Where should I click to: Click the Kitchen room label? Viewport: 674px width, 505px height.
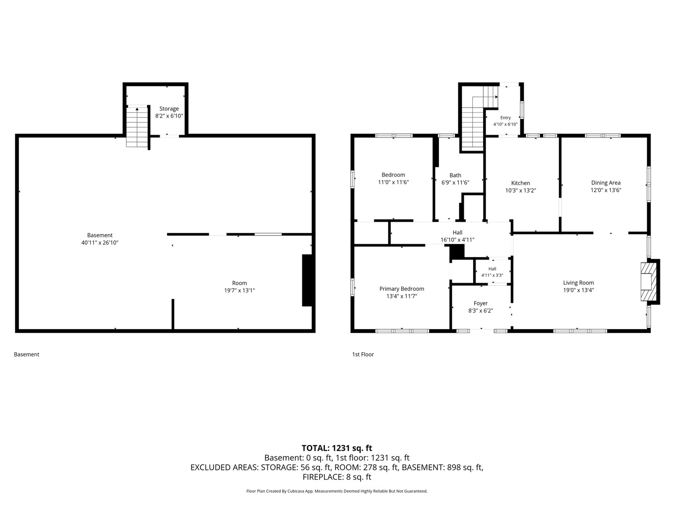point(520,183)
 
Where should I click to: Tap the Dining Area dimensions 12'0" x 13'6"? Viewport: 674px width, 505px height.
point(606,190)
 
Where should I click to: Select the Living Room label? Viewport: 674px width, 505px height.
point(579,283)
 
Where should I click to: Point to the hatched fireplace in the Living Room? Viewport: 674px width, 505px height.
point(649,281)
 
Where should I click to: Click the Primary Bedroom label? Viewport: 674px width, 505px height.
point(402,289)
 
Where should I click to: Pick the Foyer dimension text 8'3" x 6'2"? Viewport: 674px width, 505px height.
point(481,310)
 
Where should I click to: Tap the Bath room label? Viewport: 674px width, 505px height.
point(455,175)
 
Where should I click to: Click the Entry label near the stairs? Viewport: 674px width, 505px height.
point(505,118)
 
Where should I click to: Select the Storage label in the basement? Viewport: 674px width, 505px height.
point(169,109)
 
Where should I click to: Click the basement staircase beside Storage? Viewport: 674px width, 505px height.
point(137,127)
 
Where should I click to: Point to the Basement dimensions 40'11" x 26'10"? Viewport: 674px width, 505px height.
point(100,243)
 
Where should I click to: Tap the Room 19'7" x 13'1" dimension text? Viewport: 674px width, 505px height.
point(240,290)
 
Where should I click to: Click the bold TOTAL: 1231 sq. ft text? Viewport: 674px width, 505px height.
point(337,448)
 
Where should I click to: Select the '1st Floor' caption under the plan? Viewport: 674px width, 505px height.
point(363,354)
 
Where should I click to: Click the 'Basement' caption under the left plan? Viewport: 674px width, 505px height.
point(27,354)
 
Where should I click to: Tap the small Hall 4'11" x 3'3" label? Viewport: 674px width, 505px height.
point(492,272)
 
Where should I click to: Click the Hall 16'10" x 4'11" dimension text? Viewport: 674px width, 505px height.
point(457,240)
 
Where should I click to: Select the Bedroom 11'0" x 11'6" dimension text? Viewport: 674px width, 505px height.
point(393,182)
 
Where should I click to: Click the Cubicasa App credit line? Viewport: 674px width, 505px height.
point(337,491)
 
